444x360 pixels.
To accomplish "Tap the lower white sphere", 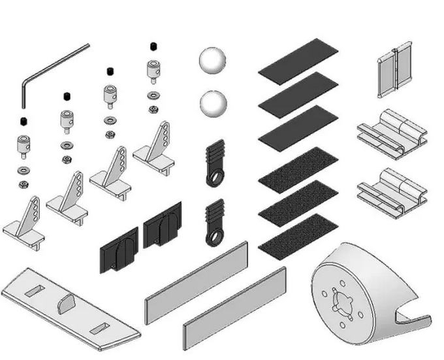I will (214, 104).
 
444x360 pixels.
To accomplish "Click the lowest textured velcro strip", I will (298, 235).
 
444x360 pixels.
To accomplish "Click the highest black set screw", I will (153, 46).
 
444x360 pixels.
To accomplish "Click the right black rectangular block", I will (162, 225).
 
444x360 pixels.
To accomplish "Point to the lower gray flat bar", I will (235, 308).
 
